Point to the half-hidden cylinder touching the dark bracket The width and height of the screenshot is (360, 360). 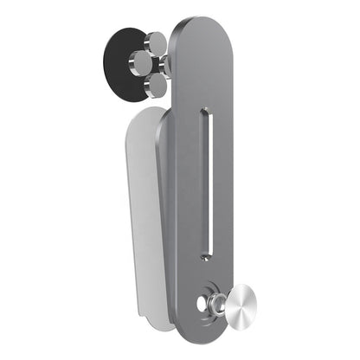[167, 63]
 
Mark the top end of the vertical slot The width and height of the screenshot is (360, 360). [205, 112]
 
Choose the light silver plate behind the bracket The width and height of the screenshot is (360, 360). [145, 216]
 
